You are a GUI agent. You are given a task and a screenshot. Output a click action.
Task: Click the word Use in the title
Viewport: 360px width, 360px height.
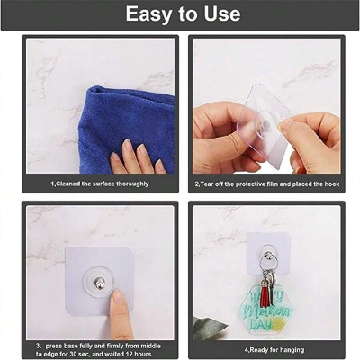221,14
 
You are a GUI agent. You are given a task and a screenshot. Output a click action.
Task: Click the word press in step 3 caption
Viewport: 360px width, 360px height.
56,344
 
